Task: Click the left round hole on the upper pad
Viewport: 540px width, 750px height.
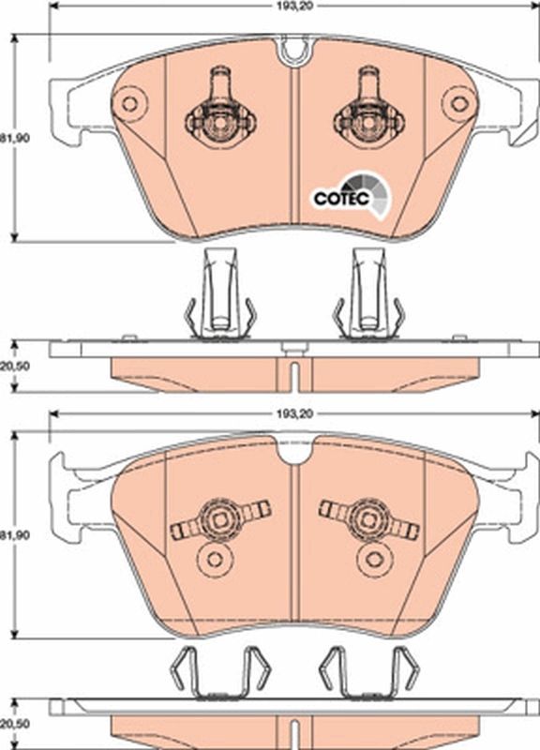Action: coord(129,101)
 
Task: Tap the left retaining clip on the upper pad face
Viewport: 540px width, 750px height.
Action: coord(220,111)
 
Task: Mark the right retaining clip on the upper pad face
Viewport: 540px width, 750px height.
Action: coord(368,111)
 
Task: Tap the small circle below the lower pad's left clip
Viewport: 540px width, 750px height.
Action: coord(216,560)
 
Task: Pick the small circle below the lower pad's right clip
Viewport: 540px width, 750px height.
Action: coord(373,560)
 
